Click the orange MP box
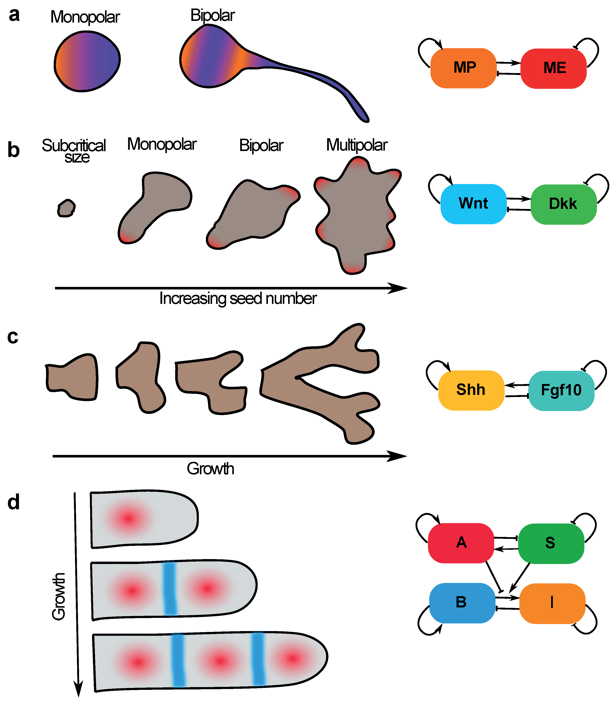tap(463, 68)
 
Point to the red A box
tap(461, 543)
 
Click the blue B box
tap(462, 603)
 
